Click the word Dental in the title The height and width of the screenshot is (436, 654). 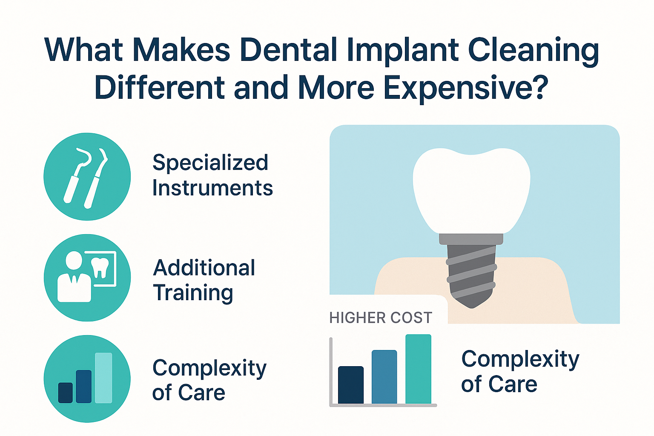click(288, 50)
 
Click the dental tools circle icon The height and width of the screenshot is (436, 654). click(87, 177)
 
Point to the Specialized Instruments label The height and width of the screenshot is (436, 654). click(212, 175)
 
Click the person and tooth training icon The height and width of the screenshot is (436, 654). click(87, 278)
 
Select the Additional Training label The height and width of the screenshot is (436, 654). click(204, 280)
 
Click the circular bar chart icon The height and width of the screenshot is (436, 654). click(87, 379)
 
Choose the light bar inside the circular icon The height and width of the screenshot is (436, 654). click(103, 378)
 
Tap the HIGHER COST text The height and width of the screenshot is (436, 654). click(381, 318)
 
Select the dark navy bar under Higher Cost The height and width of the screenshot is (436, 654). click(351, 385)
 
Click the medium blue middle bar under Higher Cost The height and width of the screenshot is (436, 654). click(384, 377)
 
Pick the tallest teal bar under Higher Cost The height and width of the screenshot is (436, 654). click(418, 369)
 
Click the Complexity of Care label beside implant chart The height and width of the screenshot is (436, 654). click(520, 371)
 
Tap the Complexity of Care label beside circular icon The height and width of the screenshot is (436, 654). click(209, 380)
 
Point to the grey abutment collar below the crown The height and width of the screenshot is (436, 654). click(471, 239)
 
